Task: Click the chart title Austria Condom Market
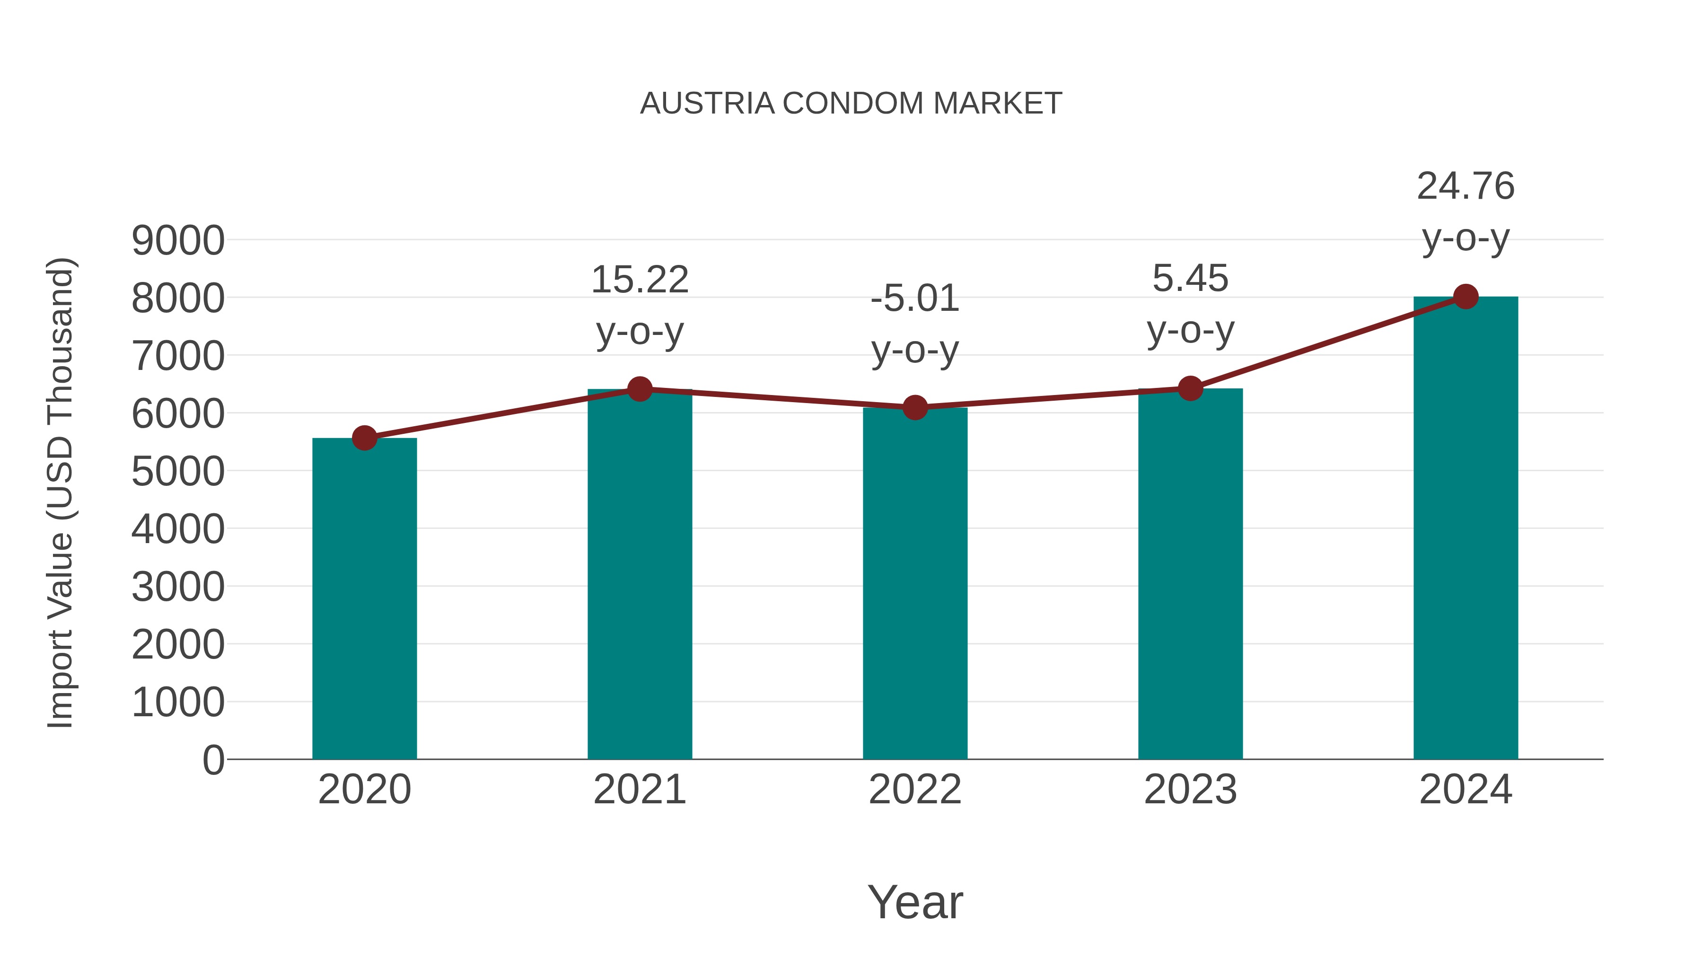(x=851, y=103)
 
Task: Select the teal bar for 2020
(x=364, y=598)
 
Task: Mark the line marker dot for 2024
(x=1466, y=297)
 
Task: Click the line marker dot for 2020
(x=364, y=438)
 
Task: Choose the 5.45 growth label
(x=1190, y=278)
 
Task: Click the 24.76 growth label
(x=1466, y=186)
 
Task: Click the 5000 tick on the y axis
(x=178, y=471)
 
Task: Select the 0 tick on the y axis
(x=213, y=760)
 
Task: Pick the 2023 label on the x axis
(x=1190, y=790)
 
